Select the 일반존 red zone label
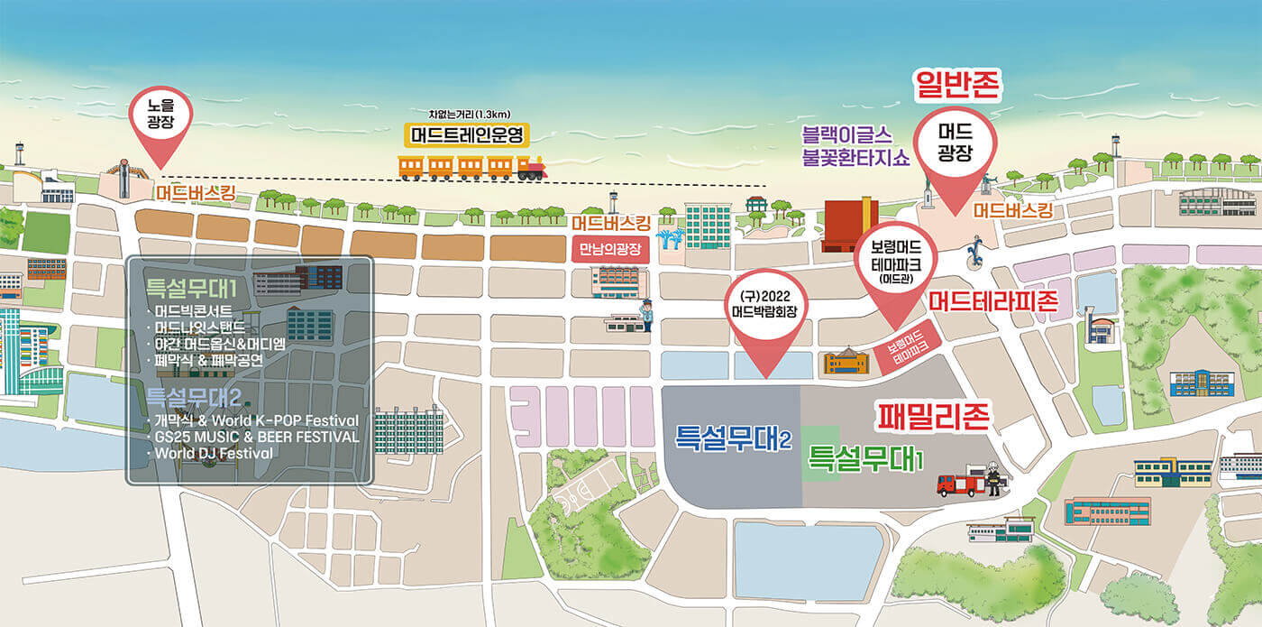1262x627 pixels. (958, 86)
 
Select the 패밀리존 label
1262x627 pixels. (934, 416)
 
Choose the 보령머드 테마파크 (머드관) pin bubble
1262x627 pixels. (896, 261)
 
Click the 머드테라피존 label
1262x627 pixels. (992, 300)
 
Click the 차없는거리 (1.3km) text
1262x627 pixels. (470, 114)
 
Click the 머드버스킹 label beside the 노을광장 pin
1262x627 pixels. (196, 192)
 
